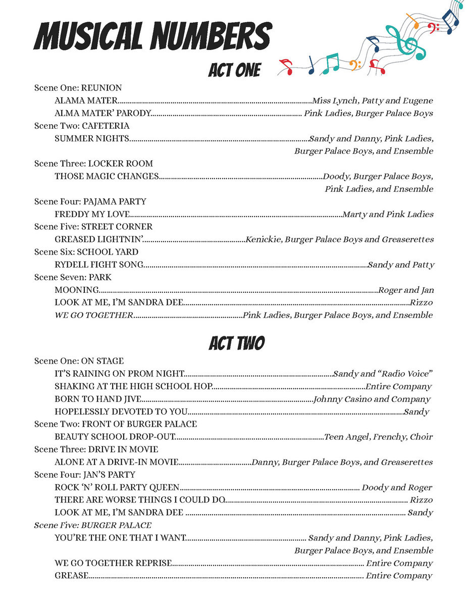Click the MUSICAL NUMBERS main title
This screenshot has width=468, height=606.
click(152, 36)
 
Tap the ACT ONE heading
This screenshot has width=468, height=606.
click(234, 70)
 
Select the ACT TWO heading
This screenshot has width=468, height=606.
click(236, 343)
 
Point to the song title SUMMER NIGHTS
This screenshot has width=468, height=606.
click(92, 139)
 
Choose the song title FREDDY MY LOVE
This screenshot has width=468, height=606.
click(92, 215)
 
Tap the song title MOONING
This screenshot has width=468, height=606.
click(77, 290)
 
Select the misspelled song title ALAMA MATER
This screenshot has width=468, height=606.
click(86, 101)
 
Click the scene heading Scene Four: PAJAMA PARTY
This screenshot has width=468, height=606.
click(90, 201)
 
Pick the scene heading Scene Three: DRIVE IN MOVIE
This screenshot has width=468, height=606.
click(96, 449)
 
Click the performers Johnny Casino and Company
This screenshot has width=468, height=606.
click(372, 399)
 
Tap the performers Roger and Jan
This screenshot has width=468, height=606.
click(406, 290)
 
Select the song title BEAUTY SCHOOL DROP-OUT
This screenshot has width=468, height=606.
click(115, 437)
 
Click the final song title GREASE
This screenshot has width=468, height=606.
click(72, 576)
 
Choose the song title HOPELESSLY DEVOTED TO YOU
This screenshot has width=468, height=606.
click(121, 412)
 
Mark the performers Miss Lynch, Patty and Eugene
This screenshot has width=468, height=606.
click(373, 101)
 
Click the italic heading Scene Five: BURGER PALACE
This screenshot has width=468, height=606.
click(93, 525)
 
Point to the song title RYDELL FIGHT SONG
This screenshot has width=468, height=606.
click(99, 265)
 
